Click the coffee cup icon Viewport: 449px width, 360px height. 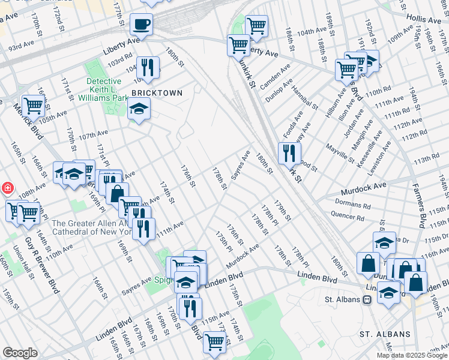pyautogui.click(x=142, y=25)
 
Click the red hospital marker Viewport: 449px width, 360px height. pyautogui.click(x=7, y=188)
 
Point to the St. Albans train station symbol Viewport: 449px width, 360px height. pyautogui.click(x=366, y=299)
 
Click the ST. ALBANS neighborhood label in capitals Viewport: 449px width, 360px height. pyautogui.click(x=385, y=334)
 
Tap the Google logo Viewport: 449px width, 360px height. pyautogui.click(x=20, y=353)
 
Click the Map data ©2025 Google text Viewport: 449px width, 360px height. pyautogui.click(x=411, y=355)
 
